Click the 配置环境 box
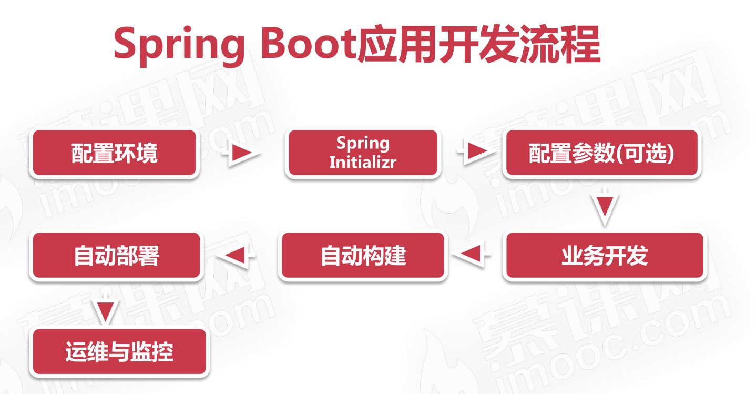114,153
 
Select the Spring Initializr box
363,153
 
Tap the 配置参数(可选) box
601,153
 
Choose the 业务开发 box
604,256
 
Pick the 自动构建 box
363,256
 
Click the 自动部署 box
116,256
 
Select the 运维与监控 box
119,352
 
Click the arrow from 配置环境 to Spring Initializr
242,153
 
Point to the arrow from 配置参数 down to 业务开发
605,207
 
